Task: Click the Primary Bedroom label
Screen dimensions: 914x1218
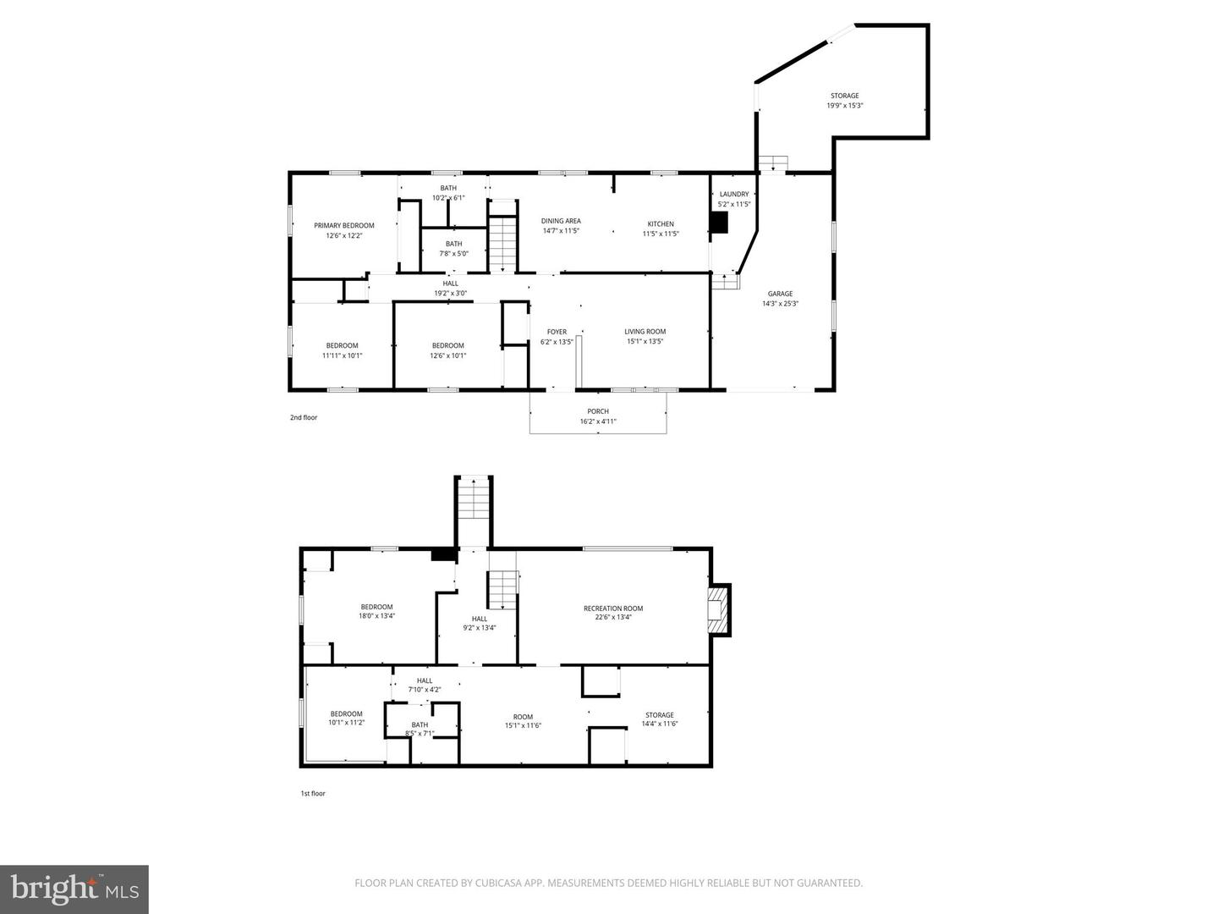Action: (x=343, y=226)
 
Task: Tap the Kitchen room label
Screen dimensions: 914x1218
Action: (x=661, y=224)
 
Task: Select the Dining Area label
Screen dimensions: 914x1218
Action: (x=561, y=221)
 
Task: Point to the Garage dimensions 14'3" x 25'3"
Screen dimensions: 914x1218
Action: (x=780, y=304)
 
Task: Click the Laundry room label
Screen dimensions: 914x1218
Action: (x=733, y=195)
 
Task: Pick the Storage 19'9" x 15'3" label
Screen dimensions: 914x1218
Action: (x=844, y=101)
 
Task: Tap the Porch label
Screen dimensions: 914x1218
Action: (x=598, y=411)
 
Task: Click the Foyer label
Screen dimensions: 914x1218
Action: (x=557, y=333)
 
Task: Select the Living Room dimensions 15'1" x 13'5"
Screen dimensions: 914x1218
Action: (x=645, y=342)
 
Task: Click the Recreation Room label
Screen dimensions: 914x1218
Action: (x=613, y=608)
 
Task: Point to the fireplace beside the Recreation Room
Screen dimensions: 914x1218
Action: (x=718, y=610)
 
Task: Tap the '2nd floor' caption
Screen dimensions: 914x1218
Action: (x=304, y=417)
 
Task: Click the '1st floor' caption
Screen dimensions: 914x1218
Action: (x=313, y=794)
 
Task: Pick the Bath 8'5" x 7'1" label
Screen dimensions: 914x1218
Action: (x=420, y=729)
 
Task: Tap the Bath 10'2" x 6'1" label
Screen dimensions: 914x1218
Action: (x=448, y=193)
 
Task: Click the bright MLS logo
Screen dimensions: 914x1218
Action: (x=74, y=889)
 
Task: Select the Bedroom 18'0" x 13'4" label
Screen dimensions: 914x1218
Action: (x=376, y=611)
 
